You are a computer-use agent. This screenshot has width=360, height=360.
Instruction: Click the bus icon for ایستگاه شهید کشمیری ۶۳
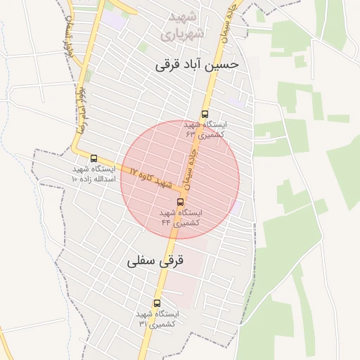205,113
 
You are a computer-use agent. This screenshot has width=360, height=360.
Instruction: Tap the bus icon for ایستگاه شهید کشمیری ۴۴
181,202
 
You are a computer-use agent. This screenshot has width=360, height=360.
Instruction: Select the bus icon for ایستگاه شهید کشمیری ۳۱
157,304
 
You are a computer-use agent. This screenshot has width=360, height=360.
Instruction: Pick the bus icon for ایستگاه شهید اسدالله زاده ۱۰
94,158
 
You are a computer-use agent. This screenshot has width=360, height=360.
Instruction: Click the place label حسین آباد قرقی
198,65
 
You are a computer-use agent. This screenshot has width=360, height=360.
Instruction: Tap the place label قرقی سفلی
155,261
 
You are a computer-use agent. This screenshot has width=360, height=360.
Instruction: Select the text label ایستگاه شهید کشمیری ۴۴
181,217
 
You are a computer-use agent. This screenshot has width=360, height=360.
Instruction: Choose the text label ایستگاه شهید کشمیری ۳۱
158,319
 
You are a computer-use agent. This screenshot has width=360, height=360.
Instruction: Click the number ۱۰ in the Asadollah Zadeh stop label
75,179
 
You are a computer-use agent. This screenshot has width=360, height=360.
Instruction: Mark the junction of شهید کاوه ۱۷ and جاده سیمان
184,191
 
